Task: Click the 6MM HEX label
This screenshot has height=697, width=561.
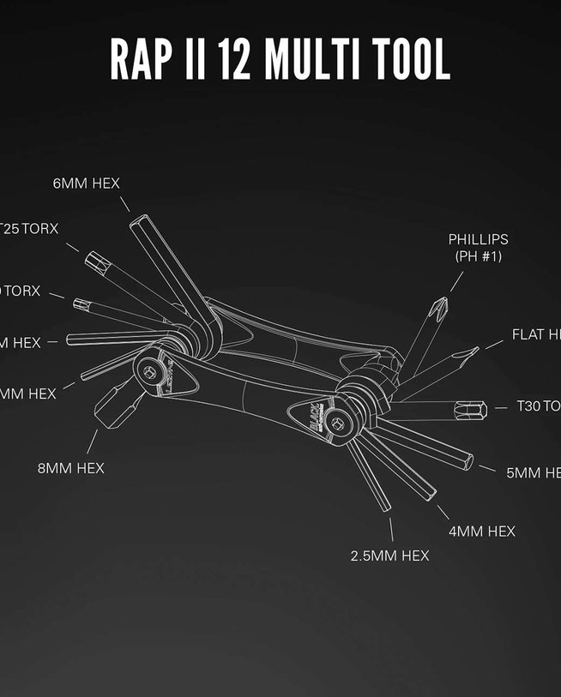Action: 86,183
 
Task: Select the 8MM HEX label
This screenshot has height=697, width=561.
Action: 70,468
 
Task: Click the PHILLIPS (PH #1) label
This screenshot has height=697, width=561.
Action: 478,247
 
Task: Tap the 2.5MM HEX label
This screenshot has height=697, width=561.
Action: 389,556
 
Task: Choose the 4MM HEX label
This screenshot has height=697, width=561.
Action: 482,532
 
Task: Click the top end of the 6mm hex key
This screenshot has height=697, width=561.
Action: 137,222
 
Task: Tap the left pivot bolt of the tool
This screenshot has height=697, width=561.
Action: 150,373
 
